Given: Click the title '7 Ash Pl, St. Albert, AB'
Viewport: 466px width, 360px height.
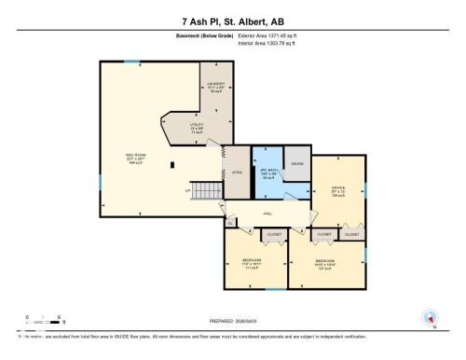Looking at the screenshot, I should click(233, 19).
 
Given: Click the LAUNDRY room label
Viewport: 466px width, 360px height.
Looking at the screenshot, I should click(215, 87).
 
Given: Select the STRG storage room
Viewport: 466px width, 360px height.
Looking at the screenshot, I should click(238, 172).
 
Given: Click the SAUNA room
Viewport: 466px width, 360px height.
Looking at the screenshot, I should click(295, 162).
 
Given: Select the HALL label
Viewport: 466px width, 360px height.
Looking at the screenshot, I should click(266, 214).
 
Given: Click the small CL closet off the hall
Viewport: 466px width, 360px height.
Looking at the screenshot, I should click(230, 222).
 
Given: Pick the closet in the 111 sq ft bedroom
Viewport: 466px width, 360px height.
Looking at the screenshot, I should click(274, 235).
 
